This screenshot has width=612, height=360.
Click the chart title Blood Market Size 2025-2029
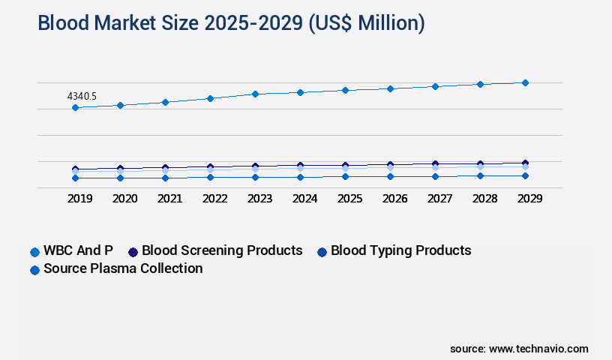coord(231,24)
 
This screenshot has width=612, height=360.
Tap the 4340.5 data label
coord(82,96)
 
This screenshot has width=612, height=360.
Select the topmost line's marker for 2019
coord(75,108)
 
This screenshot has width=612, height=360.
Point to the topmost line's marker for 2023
coord(255,94)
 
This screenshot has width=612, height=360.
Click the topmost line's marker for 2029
coord(525,82)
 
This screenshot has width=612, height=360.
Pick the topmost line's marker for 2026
coord(390,88)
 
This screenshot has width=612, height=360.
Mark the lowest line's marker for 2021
coord(165,178)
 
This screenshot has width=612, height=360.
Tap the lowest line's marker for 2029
coord(525,175)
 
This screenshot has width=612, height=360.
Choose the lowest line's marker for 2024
coord(300,177)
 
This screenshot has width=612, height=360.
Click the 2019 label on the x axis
coord(79,199)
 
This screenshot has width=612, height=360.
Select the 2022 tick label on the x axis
coord(214,199)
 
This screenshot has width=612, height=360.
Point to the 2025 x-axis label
coord(349,199)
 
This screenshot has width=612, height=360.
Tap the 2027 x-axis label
coord(439,199)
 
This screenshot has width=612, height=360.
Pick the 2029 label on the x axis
coord(529,199)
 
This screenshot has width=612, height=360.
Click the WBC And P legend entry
coord(78,250)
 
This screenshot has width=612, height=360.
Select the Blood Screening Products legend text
coord(222,250)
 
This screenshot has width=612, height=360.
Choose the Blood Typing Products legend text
coord(400,250)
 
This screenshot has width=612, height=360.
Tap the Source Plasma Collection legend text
coord(123,268)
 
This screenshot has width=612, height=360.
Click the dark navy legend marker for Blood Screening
coord(133,251)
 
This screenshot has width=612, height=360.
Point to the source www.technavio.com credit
coord(519,349)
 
